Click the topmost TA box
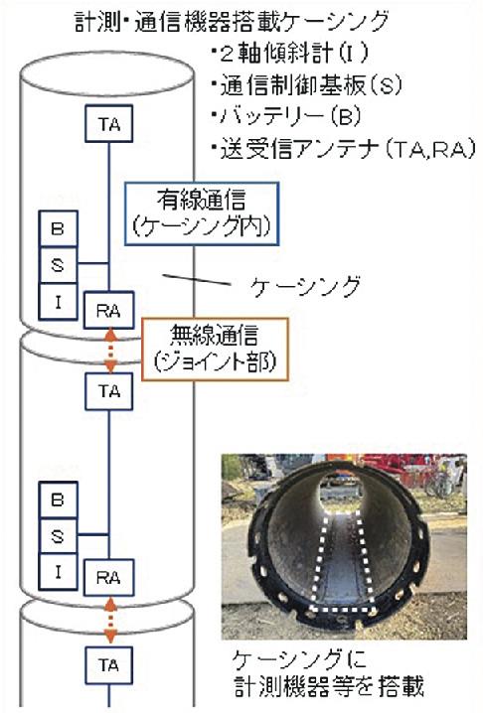tap(108, 124)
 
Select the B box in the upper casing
tap(59, 228)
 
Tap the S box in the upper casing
tap(59, 265)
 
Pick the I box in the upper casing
tap(59, 302)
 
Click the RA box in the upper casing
tap(108, 310)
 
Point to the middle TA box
tap(108, 391)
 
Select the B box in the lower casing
tap(59, 499)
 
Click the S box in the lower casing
tap(59, 536)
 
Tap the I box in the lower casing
tap(59, 572)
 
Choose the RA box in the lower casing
tap(108, 578)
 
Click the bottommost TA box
tap(108, 665)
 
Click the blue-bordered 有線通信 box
tap(202, 214)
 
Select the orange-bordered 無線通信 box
tap(215, 350)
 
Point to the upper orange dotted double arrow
tap(110, 351)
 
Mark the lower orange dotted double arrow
tap(109, 621)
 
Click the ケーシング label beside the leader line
tap(305, 286)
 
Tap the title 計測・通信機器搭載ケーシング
tap(233, 21)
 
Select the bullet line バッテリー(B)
tap(286, 116)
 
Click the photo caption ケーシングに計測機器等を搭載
tap(328, 674)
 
